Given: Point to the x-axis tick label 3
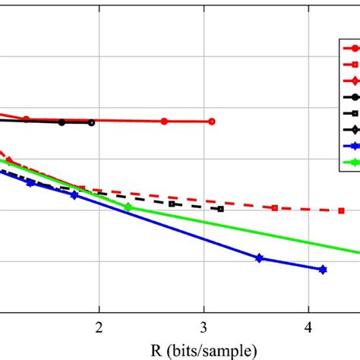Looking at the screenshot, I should (204, 327).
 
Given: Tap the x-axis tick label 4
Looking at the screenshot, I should (308, 327).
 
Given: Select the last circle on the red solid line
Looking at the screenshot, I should (212, 122).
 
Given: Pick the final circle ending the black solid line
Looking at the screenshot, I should (92, 122).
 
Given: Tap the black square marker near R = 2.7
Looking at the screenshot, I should (172, 204).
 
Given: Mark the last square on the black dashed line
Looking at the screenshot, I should (220, 209).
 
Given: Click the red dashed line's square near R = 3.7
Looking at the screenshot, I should (274, 208).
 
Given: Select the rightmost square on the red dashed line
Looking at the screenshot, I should (341, 210).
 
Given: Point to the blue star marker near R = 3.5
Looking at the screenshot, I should (259, 258).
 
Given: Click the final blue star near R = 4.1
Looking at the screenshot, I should (323, 270).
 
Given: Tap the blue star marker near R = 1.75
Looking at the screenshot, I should (74, 195).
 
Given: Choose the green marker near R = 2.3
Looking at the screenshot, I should (128, 207).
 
